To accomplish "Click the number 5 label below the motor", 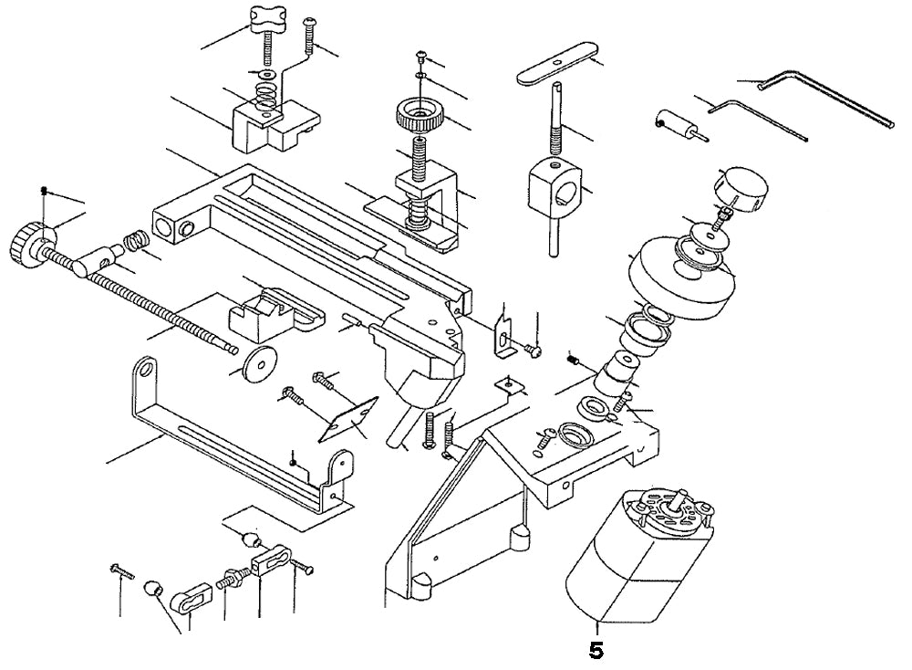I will [x=596, y=652].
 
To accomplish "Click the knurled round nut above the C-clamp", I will [x=419, y=117].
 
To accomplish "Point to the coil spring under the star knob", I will [x=266, y=94].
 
